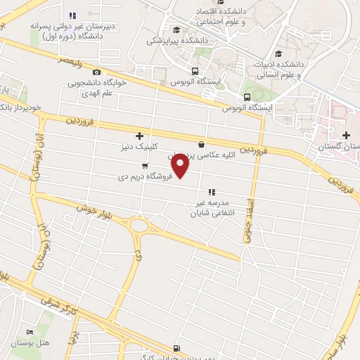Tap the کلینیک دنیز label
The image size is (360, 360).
[139, 148]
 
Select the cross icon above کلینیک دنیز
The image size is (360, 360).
[139, 136]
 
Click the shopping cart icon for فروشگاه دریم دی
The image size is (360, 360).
[145, 167]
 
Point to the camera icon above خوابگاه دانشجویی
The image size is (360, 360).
[96, 72]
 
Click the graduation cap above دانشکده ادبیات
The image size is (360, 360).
[278, 53]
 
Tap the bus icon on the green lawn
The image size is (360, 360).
[247, 97]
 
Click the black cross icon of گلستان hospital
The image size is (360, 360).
[345, 135]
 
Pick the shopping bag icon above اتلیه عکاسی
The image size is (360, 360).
[201, 144]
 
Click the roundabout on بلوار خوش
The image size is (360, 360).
[140, 226]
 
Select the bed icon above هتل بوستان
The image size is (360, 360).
[30, 332]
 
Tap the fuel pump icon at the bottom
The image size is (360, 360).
[176, 347]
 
